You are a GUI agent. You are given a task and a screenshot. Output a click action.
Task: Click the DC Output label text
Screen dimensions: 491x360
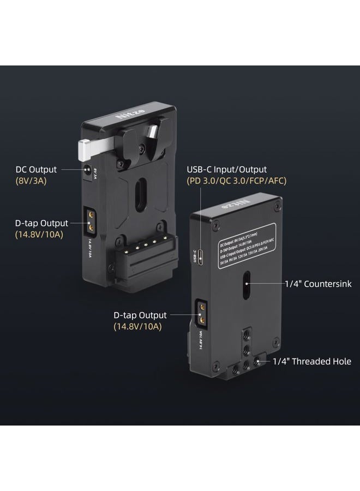pyautogui.click(x=36, y=170)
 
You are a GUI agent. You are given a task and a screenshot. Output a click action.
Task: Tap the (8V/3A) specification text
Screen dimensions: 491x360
pyautogui.click(x=31, y=181)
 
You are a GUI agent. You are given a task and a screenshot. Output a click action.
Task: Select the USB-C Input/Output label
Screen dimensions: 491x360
pyautogui.click(x=227, y=170)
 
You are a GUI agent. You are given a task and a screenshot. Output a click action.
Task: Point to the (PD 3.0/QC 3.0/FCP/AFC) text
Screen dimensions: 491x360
pyautogui.click(x=236, y=181)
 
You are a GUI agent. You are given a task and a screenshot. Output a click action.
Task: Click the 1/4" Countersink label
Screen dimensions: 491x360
pyautogui.click(x=318, y=284)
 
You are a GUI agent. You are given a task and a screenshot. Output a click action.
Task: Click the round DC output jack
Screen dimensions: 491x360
pyautogui.click(x=87, y=170)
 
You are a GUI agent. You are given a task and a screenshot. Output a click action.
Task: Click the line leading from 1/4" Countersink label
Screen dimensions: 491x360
pyautogui.click(x=268, y=284)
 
